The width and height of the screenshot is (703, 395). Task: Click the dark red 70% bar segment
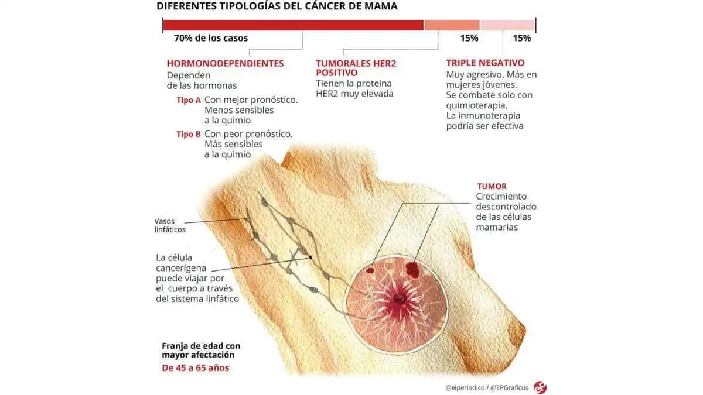coord(293,25)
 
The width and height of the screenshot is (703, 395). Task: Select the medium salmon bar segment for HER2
coord(452,25)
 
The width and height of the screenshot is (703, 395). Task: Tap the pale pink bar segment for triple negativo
coord(507,25)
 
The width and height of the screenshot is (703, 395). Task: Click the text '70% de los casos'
coord(211,39)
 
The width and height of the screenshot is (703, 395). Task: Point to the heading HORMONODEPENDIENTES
coord(225,63)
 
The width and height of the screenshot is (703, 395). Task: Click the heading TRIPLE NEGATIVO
coord(485,63)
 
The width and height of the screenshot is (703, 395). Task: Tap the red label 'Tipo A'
coord(189,100)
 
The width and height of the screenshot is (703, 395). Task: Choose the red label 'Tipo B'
coord(189,134)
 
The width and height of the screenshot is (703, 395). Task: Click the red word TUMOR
coord(492,187)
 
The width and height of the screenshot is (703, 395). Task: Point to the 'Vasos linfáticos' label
coord(170,225)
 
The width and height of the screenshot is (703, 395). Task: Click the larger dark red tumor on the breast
coord(414,269)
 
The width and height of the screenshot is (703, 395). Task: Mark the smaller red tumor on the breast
coord(370,270)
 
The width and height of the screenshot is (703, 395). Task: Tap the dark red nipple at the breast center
coord(400,300)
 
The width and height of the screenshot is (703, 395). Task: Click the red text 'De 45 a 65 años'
coord(196,368)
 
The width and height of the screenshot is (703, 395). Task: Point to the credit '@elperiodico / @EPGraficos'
coord(486,387)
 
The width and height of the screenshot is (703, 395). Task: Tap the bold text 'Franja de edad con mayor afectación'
coord(201,351)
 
